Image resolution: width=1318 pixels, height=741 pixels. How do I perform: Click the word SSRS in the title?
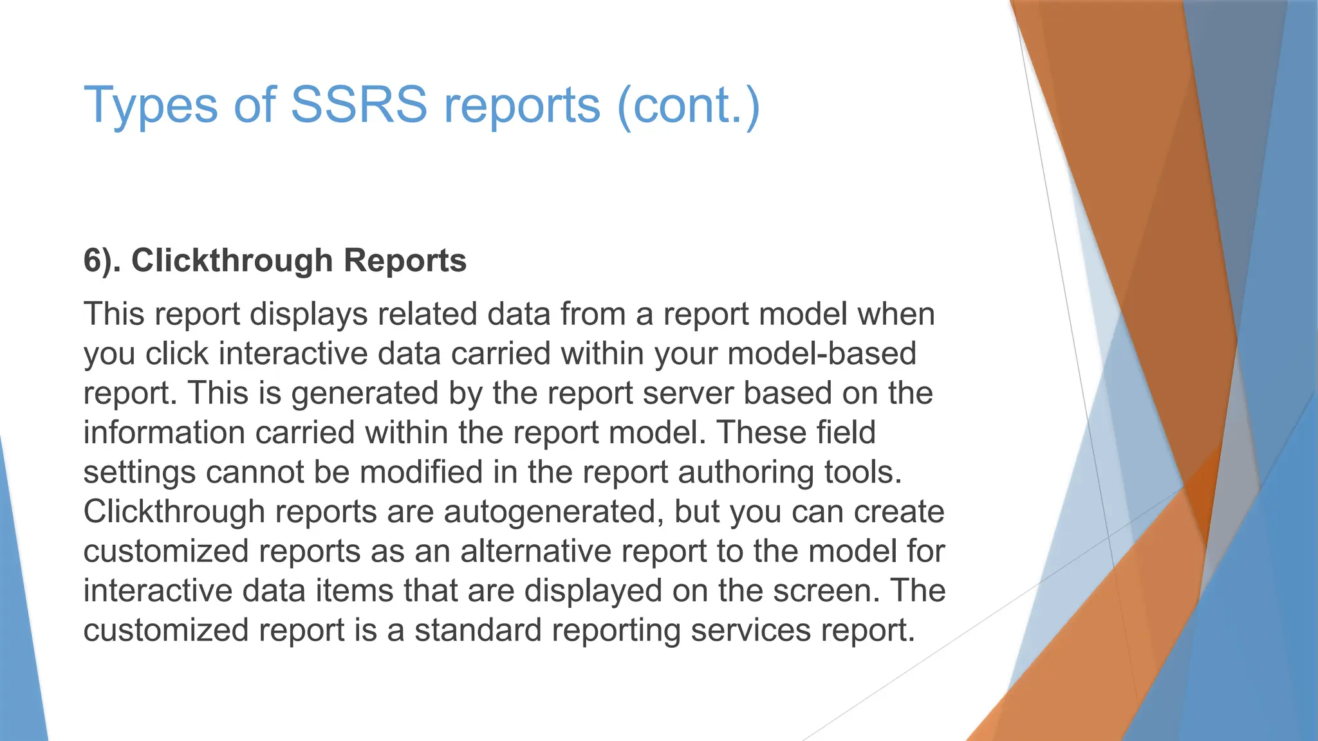coord(358,105)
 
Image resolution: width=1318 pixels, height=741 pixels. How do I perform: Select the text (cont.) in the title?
coord(688,105)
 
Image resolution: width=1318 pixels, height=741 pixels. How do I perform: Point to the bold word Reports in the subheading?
coord(405,261)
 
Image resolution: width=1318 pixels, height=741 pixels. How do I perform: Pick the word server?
coord(688,394)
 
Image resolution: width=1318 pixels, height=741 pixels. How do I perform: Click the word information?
coord(164,432)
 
